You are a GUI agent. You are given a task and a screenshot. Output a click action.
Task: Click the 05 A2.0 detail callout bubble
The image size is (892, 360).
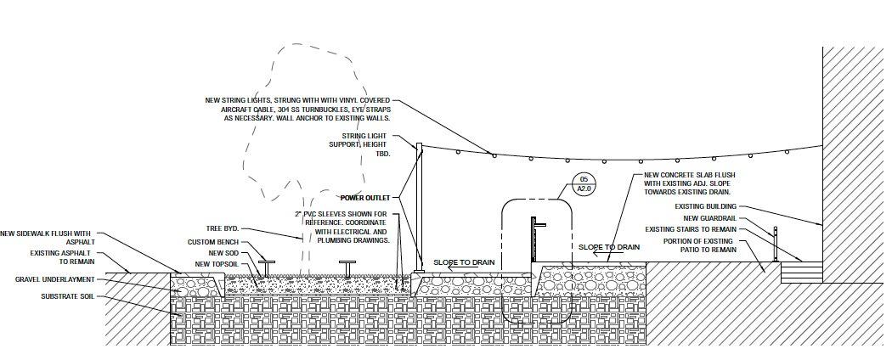tap(584, 184)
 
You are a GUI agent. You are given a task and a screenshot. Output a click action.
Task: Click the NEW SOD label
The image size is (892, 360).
tap(223, 252)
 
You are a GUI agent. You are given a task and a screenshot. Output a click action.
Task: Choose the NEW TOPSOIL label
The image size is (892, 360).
tap(216, 263)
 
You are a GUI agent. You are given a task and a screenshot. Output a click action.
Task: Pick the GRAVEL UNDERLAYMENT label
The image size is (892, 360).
tap(54, 279)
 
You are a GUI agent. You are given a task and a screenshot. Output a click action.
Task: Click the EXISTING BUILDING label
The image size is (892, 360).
tap(705, 206)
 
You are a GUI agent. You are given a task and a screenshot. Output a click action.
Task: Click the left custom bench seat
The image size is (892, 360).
tap(267, 262)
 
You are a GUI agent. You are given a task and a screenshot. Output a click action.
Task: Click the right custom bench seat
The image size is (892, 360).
tap(348, 263)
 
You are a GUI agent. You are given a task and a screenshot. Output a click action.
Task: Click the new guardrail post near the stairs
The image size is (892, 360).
tap(775, 244)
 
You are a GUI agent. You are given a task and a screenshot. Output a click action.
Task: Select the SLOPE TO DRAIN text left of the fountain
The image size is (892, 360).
tap(464, 262)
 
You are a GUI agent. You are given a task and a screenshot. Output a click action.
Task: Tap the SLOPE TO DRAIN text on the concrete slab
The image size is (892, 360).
tap(609, 247)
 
